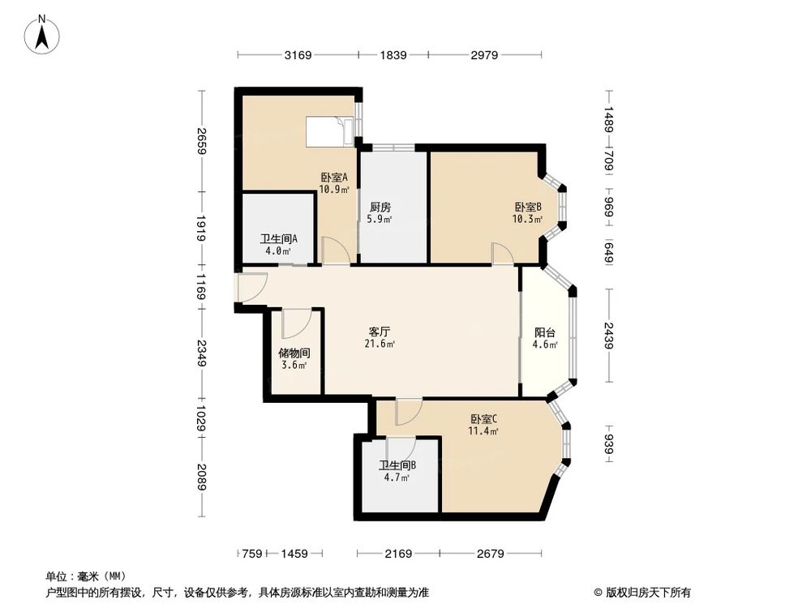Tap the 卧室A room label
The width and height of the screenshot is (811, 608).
[x=333, y=178]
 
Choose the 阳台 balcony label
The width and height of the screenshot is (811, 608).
[x=544, y=332]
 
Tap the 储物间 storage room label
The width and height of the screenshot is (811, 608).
[x=294, y=353]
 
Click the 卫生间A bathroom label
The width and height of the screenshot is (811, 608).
[x=278, y=239]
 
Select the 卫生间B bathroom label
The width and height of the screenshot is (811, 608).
[x=397, y=465]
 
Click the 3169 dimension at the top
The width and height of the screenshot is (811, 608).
[x=298, y=55]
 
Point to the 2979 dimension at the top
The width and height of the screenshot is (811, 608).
[x=484, y=55]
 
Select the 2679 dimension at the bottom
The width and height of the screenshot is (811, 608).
[x=491, y=554]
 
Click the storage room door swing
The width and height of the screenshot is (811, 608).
[x=294, y=323]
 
